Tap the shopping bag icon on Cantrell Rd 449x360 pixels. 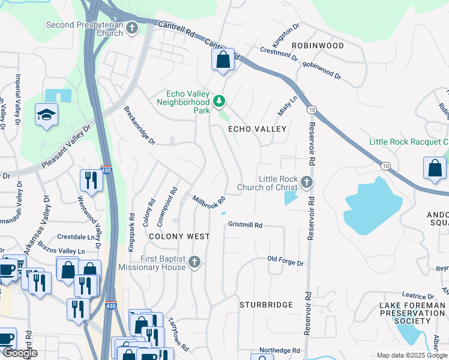[x=223, y=59]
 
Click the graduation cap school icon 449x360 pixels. [x=46, y=115]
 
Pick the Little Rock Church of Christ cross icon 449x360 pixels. [x=307, y=181]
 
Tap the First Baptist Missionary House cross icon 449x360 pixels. [x=193, y=262]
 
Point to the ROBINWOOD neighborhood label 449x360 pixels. [x=318, y=46]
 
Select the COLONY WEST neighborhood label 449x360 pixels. [x=179, y=236]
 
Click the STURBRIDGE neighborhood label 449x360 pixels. [x=266, y=305]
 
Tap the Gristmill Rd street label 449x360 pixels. [x=246, y=225]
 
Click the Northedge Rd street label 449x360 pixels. [x=279, y=350]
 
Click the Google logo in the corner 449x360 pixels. [x=20, y=353]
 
